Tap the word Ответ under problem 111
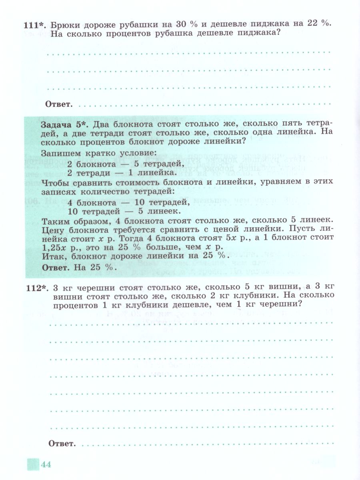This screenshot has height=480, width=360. (59, 105)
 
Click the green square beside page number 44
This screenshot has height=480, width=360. (32, 464)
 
